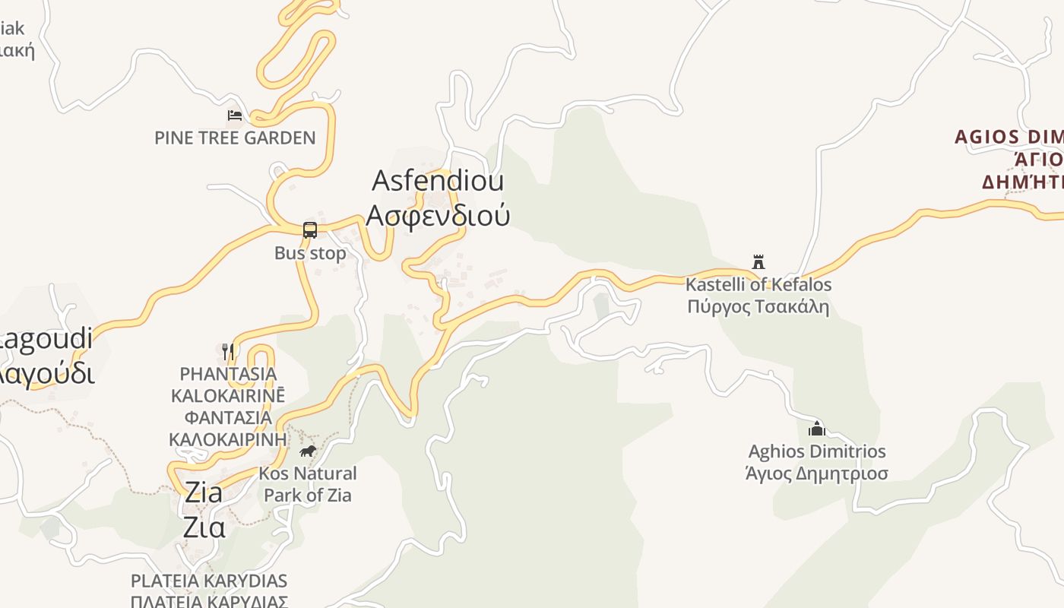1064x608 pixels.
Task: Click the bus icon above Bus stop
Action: pyautogui.click(x=309, y=230)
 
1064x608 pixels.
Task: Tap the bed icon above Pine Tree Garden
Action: pyautogui.click(x=235, y=116)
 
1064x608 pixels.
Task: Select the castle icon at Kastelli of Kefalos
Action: pyautogui.click(x=758, y=262)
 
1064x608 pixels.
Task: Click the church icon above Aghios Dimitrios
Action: pyautogui.click(x=817, y=429)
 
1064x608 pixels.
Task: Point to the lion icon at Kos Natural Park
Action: pyautogui.click(x=307, y=451)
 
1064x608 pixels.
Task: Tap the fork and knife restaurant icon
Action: pyautogui.click(x=227, y=351)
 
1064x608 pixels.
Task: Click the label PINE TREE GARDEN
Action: pyautogui.click(x=235, y=138)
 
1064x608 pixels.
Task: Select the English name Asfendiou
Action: pyautogui.click(x=438, y=181)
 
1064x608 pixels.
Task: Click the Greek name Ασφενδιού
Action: pyautogui.click(x=438, y=215)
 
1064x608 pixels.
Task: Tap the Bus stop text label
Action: pyautogui.click(x=310, y=253)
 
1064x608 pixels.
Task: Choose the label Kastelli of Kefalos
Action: pyautogui.click(x=758, y=285)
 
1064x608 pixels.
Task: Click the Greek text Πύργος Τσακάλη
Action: pyautogui.click(x=758, y=307)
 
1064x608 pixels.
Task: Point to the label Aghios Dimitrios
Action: pyautogui.click(x=817, y=451)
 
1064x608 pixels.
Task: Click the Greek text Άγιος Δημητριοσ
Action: pyautogui.click(x=817, y=473)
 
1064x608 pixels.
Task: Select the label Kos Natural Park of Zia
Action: pyautogui.click(x=308, y=484)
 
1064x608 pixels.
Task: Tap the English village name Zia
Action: pyautogui.click(x=204, y=492)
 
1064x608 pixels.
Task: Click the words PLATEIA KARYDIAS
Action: pyautogui.click(x=209, y=581)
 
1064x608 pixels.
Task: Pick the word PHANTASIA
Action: pyautogui.click(x=228, y=374)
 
